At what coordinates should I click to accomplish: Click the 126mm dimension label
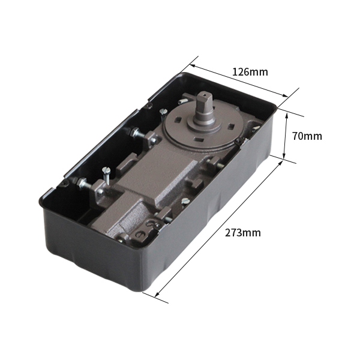point(250,72)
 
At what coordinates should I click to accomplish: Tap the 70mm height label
point(307,136)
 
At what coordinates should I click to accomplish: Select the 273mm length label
point(243,233)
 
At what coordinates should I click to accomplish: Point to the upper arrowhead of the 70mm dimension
point(286,115)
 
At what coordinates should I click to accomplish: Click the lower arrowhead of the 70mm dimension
point(284,156)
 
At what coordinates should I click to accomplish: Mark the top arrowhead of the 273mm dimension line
point(280,163)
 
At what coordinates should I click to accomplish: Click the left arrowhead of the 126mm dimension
point(193,66)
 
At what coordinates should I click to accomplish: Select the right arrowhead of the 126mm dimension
point(285,95)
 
